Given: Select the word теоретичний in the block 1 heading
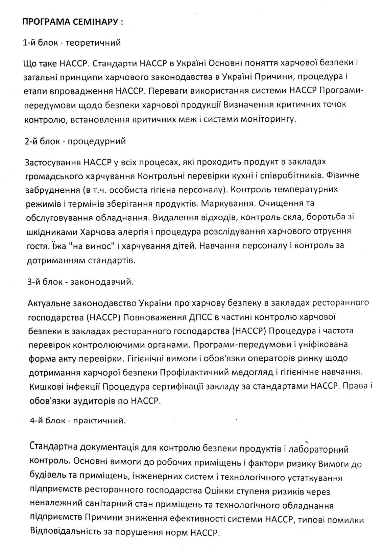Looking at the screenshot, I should [93, 43].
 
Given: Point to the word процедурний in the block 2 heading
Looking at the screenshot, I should [97, 141].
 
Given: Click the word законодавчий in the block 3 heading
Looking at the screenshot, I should [102, 282].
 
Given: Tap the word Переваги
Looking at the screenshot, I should [168, 91].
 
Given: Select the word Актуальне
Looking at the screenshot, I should [49, 303].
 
